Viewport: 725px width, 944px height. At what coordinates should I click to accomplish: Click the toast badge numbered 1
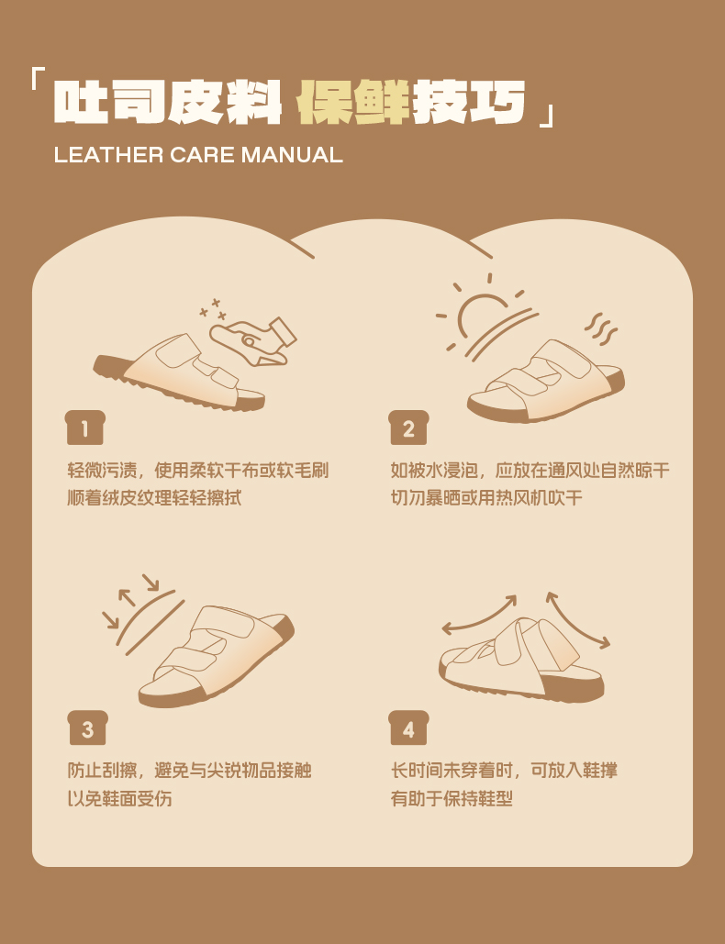(x=85, y=428)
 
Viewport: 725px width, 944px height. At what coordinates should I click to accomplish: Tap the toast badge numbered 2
(x=409, y=428)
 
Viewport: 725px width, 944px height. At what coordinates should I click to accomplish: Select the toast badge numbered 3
(x=87, y=727)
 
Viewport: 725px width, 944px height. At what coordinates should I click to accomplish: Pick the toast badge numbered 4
(x=409, y=727)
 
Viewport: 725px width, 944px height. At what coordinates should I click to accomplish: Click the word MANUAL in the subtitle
(x=292, y=155)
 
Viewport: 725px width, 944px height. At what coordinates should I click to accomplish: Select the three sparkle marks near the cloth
(x=213, y=309)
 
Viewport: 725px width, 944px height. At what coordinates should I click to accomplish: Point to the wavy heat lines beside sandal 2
(x=601, y=328)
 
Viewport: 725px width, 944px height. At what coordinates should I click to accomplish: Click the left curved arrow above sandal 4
(x=480, y=613)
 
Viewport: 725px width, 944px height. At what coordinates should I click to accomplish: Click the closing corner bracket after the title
(x=547, y=115)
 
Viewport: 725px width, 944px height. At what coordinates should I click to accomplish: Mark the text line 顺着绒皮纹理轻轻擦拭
(x=155, y=498)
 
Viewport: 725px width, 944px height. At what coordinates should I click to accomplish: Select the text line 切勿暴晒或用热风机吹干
(x=486, y=498)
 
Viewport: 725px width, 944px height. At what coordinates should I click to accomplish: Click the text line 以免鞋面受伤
(x=119, y=798)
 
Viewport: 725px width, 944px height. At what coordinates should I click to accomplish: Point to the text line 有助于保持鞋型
(x=452, y=798)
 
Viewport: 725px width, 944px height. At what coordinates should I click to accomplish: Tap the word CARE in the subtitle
(x=202, y=155)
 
